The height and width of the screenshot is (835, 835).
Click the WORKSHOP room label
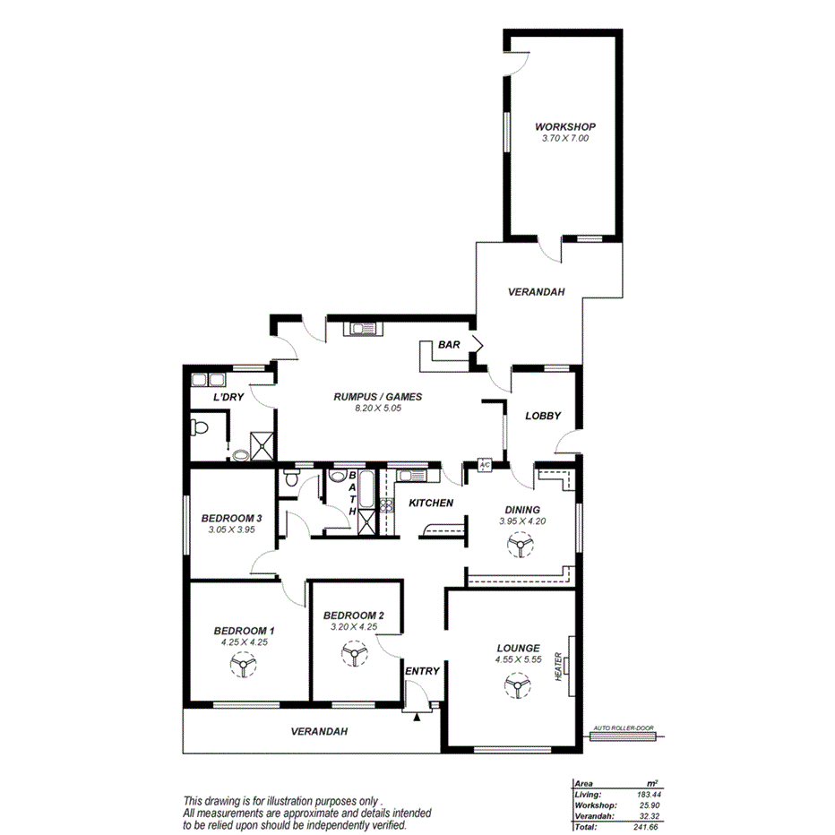(564, 127)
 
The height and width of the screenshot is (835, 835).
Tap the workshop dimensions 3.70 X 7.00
(564, 139)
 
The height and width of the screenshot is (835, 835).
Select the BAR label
(448, 344)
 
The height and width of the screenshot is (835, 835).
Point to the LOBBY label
(543, 416)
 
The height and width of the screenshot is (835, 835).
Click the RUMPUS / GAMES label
(377, 396)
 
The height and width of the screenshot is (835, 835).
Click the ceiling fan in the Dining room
(517, 545)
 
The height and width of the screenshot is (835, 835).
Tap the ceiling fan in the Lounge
(515, 686)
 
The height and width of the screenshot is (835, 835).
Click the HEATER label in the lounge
(558, 664)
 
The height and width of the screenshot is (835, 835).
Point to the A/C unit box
(485, 465)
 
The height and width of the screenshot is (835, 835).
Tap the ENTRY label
(422, 671)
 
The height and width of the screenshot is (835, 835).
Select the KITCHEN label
(431, 503)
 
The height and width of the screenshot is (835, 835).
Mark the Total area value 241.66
(643, 826)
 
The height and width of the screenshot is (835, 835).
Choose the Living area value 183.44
(643, 794)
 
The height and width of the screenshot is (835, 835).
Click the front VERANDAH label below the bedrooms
(319, 731)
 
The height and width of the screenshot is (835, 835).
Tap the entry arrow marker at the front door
(417, 715)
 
